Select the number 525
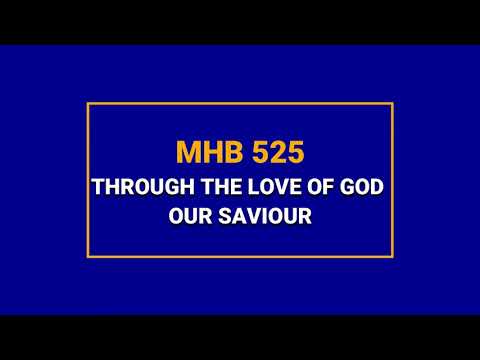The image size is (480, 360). point(271,153)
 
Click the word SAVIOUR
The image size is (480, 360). point(266,214)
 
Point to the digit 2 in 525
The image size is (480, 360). point(271,153)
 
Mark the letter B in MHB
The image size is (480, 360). point(226,153)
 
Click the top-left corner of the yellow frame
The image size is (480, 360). point(88,103)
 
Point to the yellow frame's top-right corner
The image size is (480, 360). point(392,103)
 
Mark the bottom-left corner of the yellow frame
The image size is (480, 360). point(88,257)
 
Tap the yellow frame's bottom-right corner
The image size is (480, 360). point(392,257)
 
